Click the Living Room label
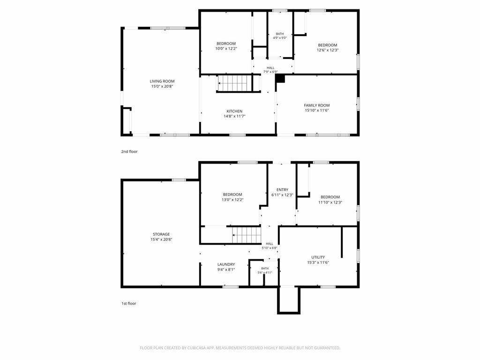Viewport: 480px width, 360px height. pyautogui.click(x=162, y=81)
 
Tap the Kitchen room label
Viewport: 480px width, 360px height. pyautogui.click(x=234, y=111)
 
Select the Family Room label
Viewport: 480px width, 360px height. pyautogui.click(x=317, y=105)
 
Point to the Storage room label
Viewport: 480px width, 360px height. pyautogui.click(x=161, y=234)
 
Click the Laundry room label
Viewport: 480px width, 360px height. pyautogui.click(x=226, y=264)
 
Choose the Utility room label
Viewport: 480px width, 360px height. pyautogui.click(x=318, y=257)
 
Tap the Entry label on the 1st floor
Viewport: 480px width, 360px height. pyautogui.click(x=282, y=189)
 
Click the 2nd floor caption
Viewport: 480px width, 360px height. pyautogui.click(x=129, y=151)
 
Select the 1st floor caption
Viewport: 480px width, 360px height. pyautogui.click(x=128, y=303)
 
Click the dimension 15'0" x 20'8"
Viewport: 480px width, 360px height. pyautogui.click(x=162, y=86)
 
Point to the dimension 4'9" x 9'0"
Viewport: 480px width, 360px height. pyautogui.click(x=280, y=38)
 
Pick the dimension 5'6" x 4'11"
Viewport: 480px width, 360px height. pyautogui.click(x=265, y=272)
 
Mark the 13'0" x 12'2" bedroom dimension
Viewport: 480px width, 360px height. pyautogui.click(x=232, y=200)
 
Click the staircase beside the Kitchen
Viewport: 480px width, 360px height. pyautogui.click(x=235, y=83)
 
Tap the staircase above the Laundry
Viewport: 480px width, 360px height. pyautogui.click(x=247, y=235)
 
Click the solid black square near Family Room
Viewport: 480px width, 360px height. pyautogui.click(x=280, y=78)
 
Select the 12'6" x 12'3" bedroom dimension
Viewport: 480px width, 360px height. pyautogui.click(x=328, y=50)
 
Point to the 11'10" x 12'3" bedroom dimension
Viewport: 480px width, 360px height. pyautogui.click(x=330, y=202)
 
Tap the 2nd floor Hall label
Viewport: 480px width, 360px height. pyautogui.click(x=270, y=67)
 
